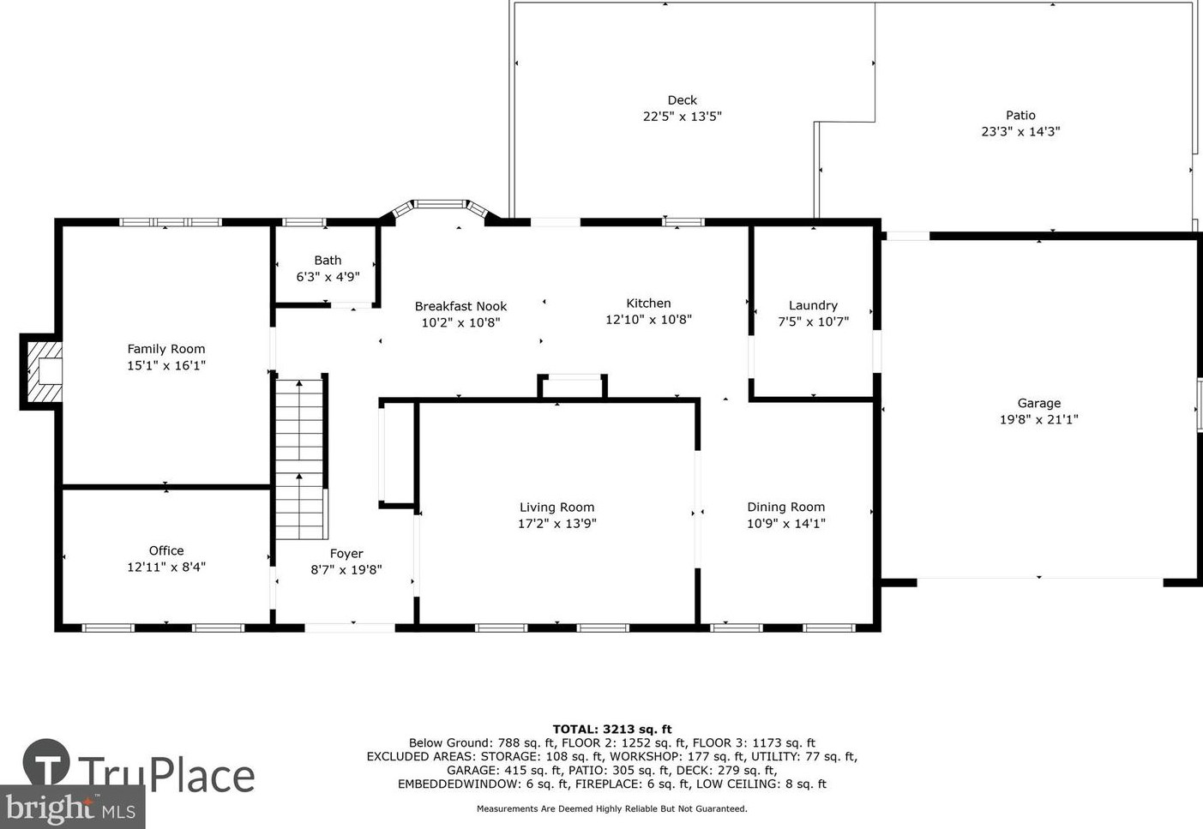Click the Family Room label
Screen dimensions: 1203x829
(166, 349)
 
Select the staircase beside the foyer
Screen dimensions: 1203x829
(299, 459)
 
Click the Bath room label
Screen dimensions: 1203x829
(328, 261)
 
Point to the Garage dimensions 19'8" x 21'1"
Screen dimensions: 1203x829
(1038, 419)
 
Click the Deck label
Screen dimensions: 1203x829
(682, 99)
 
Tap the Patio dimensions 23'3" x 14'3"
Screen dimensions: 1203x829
(1020, 131)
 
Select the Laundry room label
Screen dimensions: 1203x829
(813, 305)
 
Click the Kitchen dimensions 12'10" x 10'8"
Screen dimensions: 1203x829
(648, 320)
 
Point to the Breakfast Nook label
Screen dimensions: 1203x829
(460, 306)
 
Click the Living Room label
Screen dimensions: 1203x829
(557, 508)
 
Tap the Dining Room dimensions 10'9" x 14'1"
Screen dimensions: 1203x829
(785, 523)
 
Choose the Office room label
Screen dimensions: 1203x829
(166, 550)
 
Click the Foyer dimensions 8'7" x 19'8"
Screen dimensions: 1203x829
(346, 569)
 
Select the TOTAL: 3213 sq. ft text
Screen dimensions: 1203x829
(611, 730)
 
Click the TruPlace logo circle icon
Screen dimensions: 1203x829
(46, 761)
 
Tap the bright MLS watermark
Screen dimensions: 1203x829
(71, 808)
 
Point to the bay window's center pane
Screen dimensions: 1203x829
(441, 204)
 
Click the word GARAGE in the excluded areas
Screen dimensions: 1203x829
(471, 770)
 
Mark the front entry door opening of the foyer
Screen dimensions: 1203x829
(350, 628)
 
